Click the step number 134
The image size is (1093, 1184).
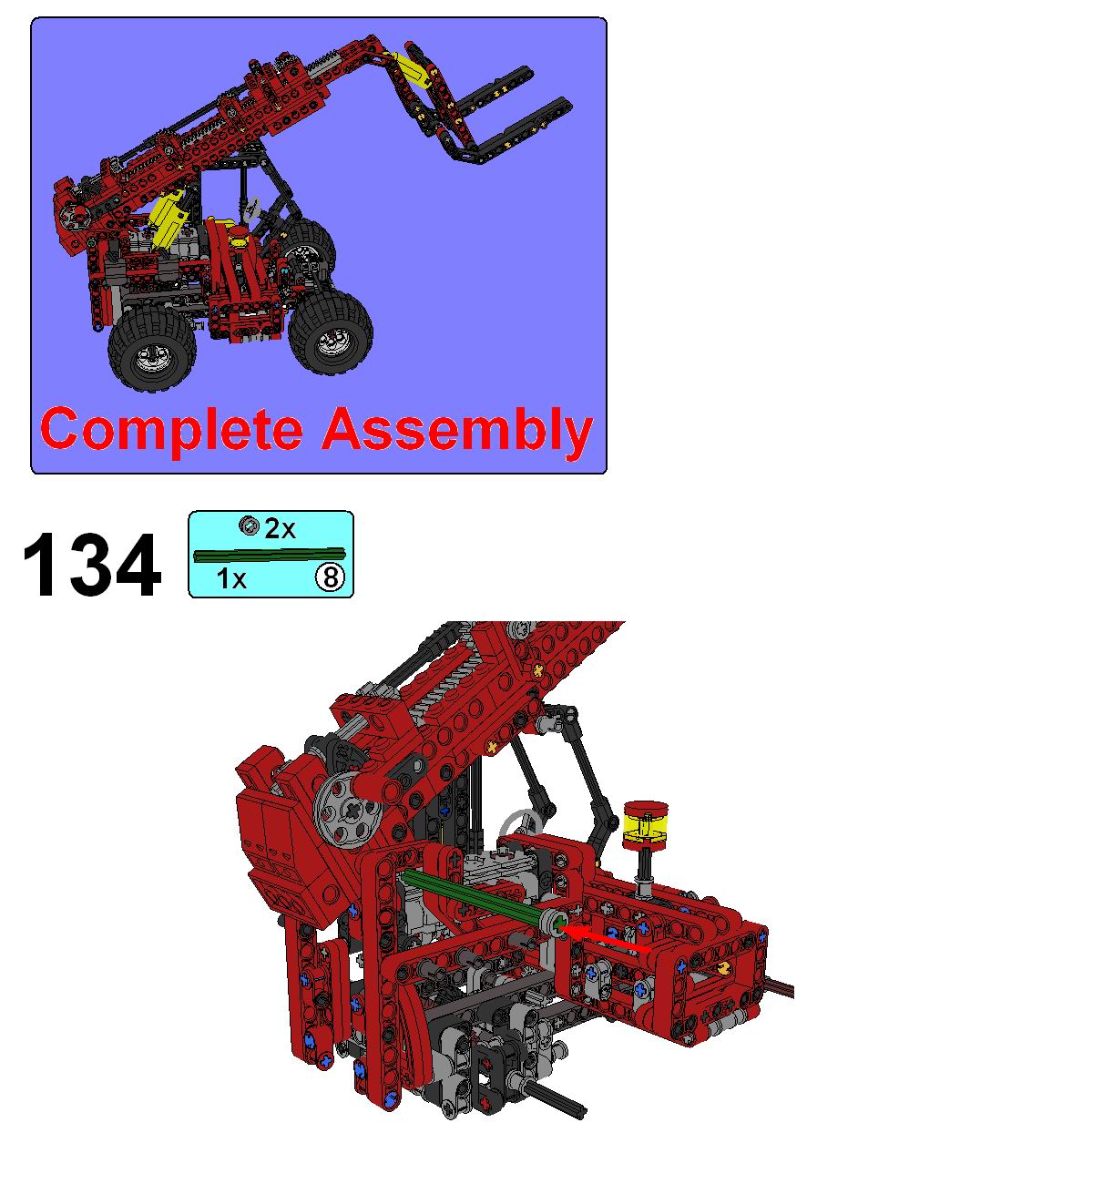92,566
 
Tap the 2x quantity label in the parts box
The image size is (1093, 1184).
280,528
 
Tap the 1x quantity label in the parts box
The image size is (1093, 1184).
231,578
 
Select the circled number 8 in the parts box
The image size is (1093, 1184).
330,577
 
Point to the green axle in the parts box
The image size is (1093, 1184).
270,555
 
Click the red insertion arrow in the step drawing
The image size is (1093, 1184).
606,936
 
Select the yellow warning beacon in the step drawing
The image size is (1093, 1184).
645,824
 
